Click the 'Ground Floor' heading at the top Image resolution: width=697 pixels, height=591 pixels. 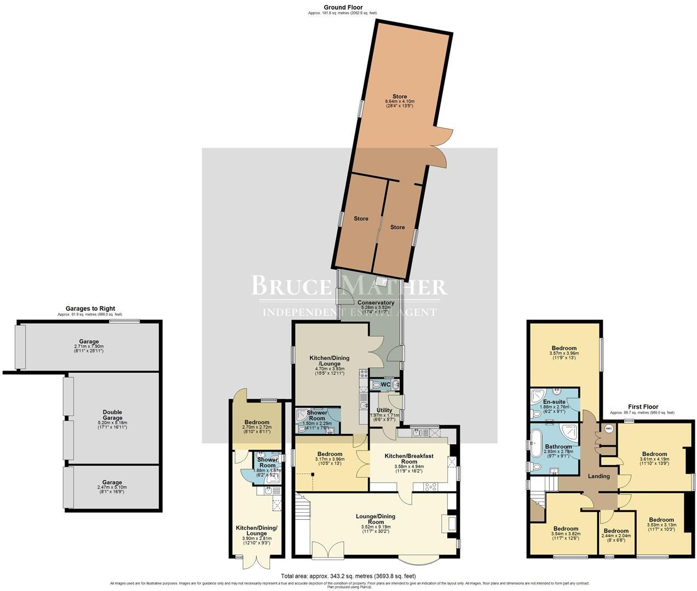pyautogui.click(x=343, y=7)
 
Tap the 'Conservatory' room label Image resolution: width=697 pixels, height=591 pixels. pyautogui.click(x=376, y=303)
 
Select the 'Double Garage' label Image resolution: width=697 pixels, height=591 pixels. pyautogui.click(x=112, y=412)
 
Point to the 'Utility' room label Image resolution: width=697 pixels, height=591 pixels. pyautogui.click(x=384, y=410)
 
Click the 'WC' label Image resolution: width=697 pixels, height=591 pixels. pyautogui.click(x=385, y=385)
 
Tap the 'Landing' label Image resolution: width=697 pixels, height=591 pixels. pyautogui.click(x=598, y=476)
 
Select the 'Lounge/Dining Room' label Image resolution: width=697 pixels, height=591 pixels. pyautogui.click(x=375, y=519)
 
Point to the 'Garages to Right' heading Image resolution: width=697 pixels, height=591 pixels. pyautogui.click(x=90, y=309)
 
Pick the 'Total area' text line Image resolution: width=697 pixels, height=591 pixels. pyautogui.click(x=348, y=576)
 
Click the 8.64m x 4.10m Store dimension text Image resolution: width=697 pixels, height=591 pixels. pyautogui.click(x=400, y=102)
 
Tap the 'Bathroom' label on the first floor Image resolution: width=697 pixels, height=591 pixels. pyautogui.click(x=558, y=447)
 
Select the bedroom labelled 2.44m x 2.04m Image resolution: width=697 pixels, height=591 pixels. pyautogui.click(x=616, y=531)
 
